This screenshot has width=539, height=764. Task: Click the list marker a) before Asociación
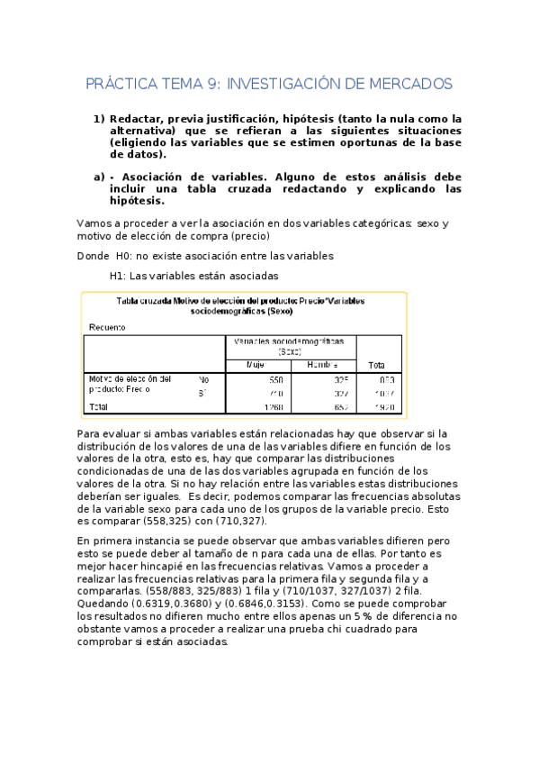(x=99, y=177)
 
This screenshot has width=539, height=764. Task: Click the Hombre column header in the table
(x=321, y=364)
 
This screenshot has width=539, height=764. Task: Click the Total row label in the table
(x=95, y=407)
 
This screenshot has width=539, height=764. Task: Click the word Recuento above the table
(x=107, y=326)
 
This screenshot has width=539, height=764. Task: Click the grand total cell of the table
(x=383, y=407)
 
